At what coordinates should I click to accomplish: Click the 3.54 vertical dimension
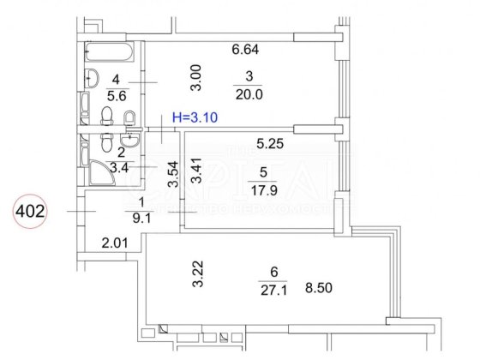[x=172, y=175]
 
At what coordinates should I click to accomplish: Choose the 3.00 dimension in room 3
[x=196, y=80]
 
